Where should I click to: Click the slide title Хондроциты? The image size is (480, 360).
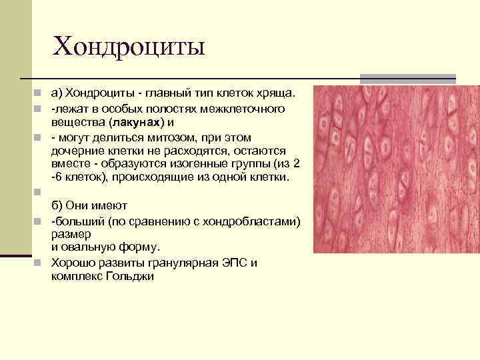pyautogui.click(x=129, y=47)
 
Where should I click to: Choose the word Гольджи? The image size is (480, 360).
pyautogui.click(x=131, y=275)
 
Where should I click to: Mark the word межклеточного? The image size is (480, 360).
pyautogui.click(x=247, y=108)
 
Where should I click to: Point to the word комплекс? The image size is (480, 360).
pyautogui.click(x=75, y=275)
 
